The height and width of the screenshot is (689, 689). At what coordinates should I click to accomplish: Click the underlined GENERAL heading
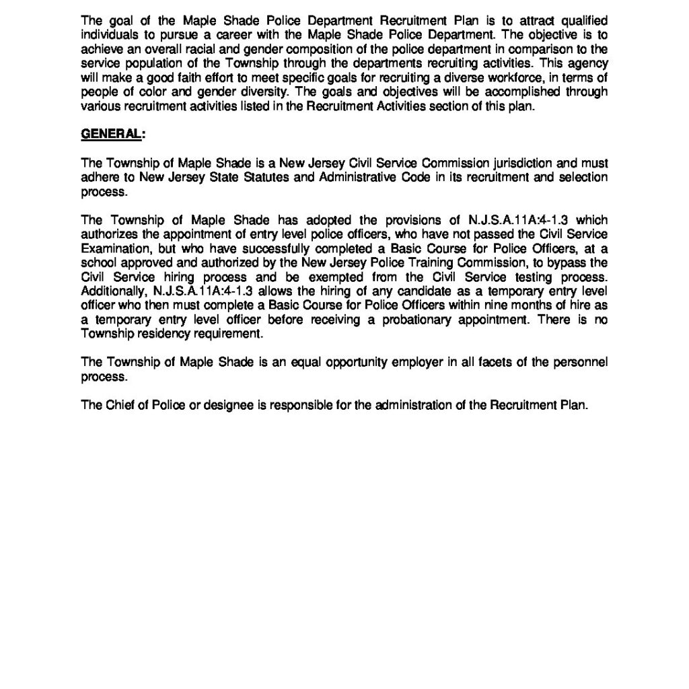pos(111,134)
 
